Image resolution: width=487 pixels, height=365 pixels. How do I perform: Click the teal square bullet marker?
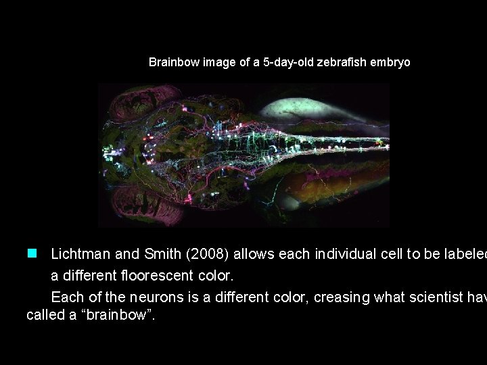31,254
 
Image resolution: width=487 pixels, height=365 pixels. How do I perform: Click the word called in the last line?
43,315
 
